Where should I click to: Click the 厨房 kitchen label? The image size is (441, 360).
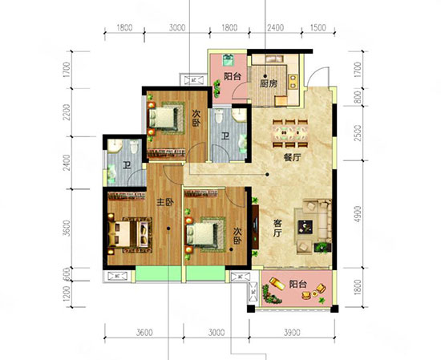coord(269,82)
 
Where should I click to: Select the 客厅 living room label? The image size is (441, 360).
coord(274,231)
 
